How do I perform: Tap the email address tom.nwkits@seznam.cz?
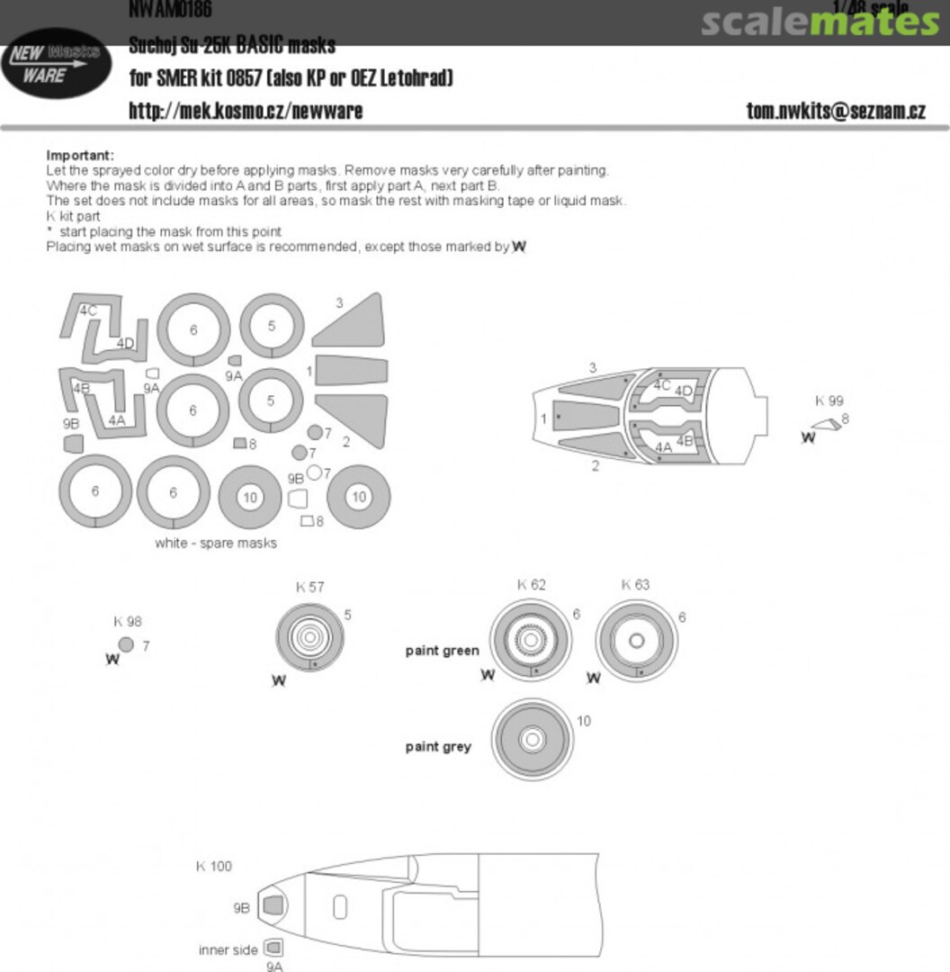pyautogui.click(x=836, y=112)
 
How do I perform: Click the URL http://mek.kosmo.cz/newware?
pyautogui.click(x=246, y=111)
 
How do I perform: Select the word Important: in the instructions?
pyautogui.click(x=80, y=156)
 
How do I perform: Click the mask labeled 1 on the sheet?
pyautogui.click(x=352, y=370)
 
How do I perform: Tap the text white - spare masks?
pyautogui.click(x=216, y=543)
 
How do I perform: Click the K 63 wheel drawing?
pyautogui.click(x=635, y=641)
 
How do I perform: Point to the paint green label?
pyautogui.click(x=442, y=650)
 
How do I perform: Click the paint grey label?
pyautogui.click(x=438, y=746)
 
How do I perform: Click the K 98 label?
pyautogui.click(x=128, y=621)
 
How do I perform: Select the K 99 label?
pyautogui.click(x=829, y=401)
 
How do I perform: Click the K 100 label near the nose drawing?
pyautogui.click(x=214, y=866)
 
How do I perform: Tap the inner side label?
pyautogui.click(x=228, y=949)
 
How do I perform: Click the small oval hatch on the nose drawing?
pyautogui.click(x=339, y=907)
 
